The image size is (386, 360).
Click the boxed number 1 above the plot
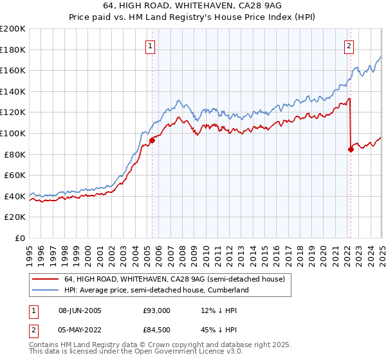150,46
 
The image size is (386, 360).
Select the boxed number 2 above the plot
349,46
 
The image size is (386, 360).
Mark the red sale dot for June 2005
152,139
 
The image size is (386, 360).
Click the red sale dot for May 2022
351,150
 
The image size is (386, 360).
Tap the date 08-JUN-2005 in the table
80,310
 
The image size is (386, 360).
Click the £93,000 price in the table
156,310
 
